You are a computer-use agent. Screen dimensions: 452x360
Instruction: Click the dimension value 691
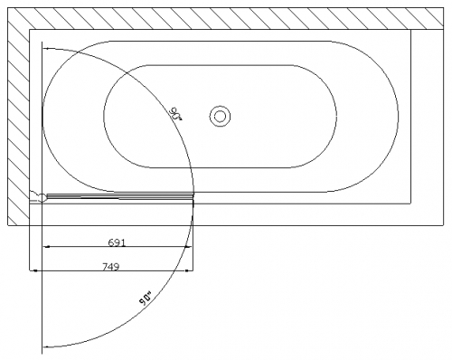[117, 242]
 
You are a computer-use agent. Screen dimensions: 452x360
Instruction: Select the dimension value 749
[111, 267]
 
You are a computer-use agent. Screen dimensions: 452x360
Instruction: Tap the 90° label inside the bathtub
[175, 114]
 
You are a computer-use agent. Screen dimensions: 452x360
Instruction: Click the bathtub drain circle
[220, 116]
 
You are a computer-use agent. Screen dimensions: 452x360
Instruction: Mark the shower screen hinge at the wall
[41, 197]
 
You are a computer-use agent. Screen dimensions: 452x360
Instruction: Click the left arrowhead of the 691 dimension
[46, 247]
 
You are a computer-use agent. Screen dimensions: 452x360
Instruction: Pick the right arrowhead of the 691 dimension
[188, 247]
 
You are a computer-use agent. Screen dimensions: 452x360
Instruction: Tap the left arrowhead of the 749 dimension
[33, 270]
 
